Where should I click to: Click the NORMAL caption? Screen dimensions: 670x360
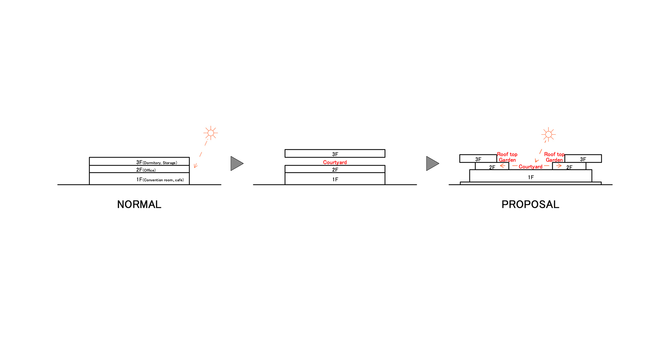pyautogui.click(x=139, y=204)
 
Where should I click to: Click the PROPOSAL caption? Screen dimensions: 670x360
pyautogui.click(x=530, y=204)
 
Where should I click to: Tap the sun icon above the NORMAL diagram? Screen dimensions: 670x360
pyautogui.click(x=211, y=133)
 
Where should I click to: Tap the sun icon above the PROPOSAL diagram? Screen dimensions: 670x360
pyautogui.click(x=548, y=134)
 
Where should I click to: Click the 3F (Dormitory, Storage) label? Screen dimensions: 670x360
pyautogui.click(x=157, y=163)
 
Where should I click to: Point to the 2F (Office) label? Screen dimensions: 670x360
pyautogui.click(x=146, y=170)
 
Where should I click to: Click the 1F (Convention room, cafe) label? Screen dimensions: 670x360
pyautogui.click(x=160, y=180)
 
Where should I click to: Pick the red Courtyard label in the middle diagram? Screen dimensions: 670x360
pyautogui.click(x=335, y=162)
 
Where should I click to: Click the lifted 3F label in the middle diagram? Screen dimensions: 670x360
pyautogui.click(x=335, y=154)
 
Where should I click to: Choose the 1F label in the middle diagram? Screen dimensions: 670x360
pyautogui.click(x=335, y=179)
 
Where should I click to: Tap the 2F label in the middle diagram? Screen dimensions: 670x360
pyautogui.click(x=335, y=170)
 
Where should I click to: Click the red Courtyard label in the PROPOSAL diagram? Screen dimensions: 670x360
pyautogui.click(x=531, y=167)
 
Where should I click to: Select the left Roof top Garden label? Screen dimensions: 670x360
pyautogui.click(x=507, y=157)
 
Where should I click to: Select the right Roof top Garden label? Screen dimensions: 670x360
pyautogui.click(x=554, y=157)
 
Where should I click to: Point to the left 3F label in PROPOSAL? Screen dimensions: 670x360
pyautogui.click(x=478, y=159)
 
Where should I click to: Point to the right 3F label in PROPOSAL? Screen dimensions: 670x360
pyautogui.click(x=583, y=159)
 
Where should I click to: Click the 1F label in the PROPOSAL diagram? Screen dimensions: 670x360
pyautogui.click(x=531, y=177)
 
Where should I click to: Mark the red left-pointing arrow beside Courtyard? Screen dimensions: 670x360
pyautogui.click(x=503, y=166)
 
